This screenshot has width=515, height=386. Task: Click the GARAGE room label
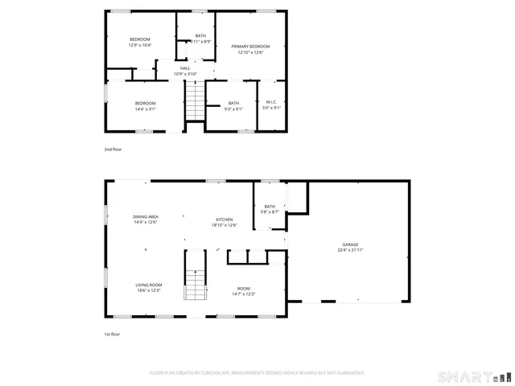pyautogui.click(x=350, y=244)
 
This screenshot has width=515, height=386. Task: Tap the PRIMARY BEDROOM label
pyautogui.click(x=250, y=47)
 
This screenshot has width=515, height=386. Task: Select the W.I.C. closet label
pyautogui.click(x=272, y=103)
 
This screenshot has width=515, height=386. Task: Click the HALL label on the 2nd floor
pyautogui.click(x=185, y=68)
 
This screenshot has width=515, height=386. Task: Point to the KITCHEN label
pyautogui.click(x=224, y=220)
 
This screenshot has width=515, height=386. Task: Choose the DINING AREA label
pyautogui.click(x=146, y=217)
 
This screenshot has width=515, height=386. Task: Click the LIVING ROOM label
pyautogui.click(x=148, y=285)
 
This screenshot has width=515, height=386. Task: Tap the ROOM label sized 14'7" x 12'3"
pyautogui.click(x=243, y=289)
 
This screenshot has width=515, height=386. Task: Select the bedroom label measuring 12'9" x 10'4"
pyautogui.click(x=140, y=39)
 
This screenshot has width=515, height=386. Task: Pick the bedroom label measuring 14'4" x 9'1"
pyautogui.click(x=145, y=103)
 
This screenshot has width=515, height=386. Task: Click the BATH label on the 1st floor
pyautogui.click(x=270, y=207)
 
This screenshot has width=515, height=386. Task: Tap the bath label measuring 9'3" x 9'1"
pyautogui.click(x=233, y=103)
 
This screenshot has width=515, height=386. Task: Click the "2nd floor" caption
pyautogui.click(x=113, y=150)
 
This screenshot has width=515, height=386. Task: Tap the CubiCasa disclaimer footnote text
pyautogui.click(x=257, y=373)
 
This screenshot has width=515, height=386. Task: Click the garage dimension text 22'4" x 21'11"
pyautogui.click(x=350, y=250)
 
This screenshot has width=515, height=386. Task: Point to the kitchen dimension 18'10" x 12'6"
pyautogui.click(x=224, y=225)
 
